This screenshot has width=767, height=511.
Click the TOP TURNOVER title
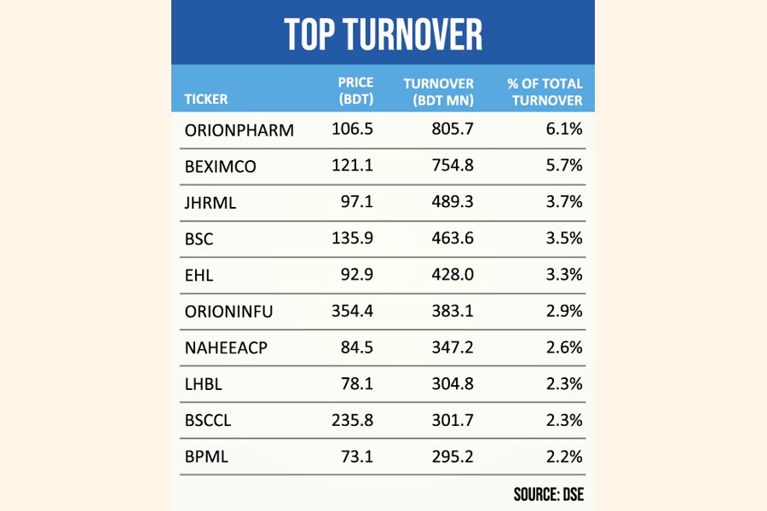click(383, 34)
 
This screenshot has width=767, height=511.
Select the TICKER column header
click(206, 100)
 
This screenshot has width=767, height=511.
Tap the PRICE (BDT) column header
click(355, 91)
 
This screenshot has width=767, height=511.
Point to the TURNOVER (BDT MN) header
click(438, 91)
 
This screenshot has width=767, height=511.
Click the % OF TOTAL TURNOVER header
click(545, 91)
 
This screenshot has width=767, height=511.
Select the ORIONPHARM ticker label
click(239, 130)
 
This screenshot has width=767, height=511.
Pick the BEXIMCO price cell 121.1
click(352, 166)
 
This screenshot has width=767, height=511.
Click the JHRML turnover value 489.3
click(453, 203)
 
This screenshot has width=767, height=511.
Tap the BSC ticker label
click(199, 239)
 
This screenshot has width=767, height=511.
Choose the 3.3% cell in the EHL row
click(566, 275)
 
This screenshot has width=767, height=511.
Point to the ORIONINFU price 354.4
click(352, 312)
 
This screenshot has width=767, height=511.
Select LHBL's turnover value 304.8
click(453, 384)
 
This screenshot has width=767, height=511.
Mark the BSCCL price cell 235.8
click(352, 420)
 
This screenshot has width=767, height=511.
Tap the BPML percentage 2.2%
click(566, 456)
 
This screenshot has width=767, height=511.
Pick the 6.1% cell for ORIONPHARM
click(566, 130)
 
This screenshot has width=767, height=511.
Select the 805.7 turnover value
click(453, 130)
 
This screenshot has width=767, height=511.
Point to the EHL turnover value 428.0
click(453, 275)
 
